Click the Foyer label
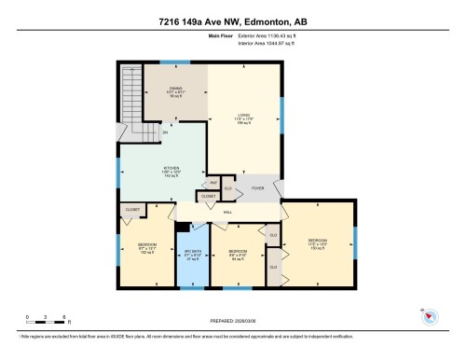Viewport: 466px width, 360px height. coord(258,187)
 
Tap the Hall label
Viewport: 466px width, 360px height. coord(227,213)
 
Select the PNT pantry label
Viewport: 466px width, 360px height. coord(213,182)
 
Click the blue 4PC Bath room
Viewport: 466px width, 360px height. coord(194,253)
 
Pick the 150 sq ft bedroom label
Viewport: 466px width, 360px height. coord(317,245)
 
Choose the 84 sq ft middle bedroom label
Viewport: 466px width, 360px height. coord(238,254)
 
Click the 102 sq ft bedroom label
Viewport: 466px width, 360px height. coord(145,249)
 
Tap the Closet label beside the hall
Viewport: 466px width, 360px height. coord(207,196)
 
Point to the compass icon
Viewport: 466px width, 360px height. coord(430,316)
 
